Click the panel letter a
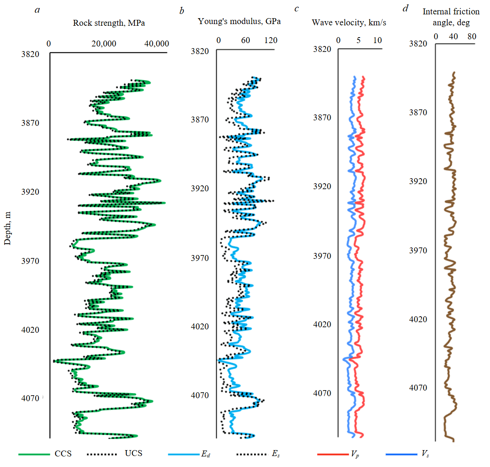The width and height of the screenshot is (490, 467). (x=37, y=10)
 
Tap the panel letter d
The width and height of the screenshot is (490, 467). (x=405, y=8)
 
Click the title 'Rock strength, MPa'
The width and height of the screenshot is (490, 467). (x=109, y=23)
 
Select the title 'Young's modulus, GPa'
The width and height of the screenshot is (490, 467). (x=239, y=21)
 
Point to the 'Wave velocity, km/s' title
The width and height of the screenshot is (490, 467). (x=349, y=22)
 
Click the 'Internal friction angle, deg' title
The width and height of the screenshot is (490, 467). (x=451, y=17)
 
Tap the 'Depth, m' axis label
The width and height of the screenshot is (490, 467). (x=7, y=228)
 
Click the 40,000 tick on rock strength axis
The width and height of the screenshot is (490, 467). (x=156, y=43)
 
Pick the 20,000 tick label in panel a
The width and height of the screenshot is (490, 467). (x=104, y=43)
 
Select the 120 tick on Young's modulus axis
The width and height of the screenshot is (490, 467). (x=271, y=41)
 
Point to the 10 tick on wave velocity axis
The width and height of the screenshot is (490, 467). (x=377, y=41)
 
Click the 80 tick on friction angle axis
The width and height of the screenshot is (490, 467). (x=472, y=36)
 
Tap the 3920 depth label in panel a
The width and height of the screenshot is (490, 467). (x=30, y=192)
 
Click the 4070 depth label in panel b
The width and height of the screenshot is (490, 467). (x=200, y=395)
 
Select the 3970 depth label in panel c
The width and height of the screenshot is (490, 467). (x=322, y=256)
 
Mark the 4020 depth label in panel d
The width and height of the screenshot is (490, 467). (x=418, y=319)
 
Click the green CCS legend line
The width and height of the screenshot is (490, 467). (x=34, y=454)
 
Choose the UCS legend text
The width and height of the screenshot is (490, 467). (x=134, y=453)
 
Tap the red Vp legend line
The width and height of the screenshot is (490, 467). (x=332, y=454)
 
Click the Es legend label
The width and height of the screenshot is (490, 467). (x=275, y=454)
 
